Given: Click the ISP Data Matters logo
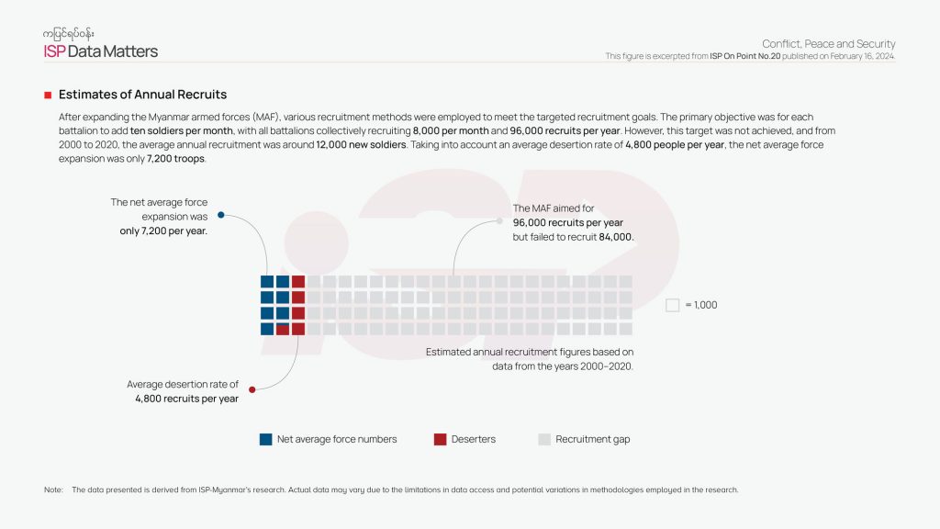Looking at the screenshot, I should click(x=101, y=51).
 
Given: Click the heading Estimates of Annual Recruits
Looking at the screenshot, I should click(x=142, y=95).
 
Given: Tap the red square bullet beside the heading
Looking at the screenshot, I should click(x=48, y=95).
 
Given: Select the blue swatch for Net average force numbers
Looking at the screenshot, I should click(x=266, y=439).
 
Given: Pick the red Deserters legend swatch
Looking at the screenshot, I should click(x=441, y=439).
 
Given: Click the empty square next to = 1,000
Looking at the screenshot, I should click(x=672, y=305).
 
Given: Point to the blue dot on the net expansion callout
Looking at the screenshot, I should click(x=220, y=216).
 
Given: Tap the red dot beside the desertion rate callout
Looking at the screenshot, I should click(x=252, y=389).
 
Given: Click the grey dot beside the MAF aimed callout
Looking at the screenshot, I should click(x=500, y=220).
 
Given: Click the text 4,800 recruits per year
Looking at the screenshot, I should click(x=187, y=399).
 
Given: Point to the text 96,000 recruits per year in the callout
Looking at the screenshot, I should click(x=568, y=222).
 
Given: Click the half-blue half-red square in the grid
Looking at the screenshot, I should click(x=283, y=329).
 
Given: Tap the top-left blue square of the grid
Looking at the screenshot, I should click(x=267, y=282).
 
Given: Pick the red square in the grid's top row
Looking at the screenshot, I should click(x=298, y=282).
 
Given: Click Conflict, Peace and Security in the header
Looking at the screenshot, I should click(x=828, y=44).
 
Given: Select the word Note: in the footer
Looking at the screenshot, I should click(x=53, y=490).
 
